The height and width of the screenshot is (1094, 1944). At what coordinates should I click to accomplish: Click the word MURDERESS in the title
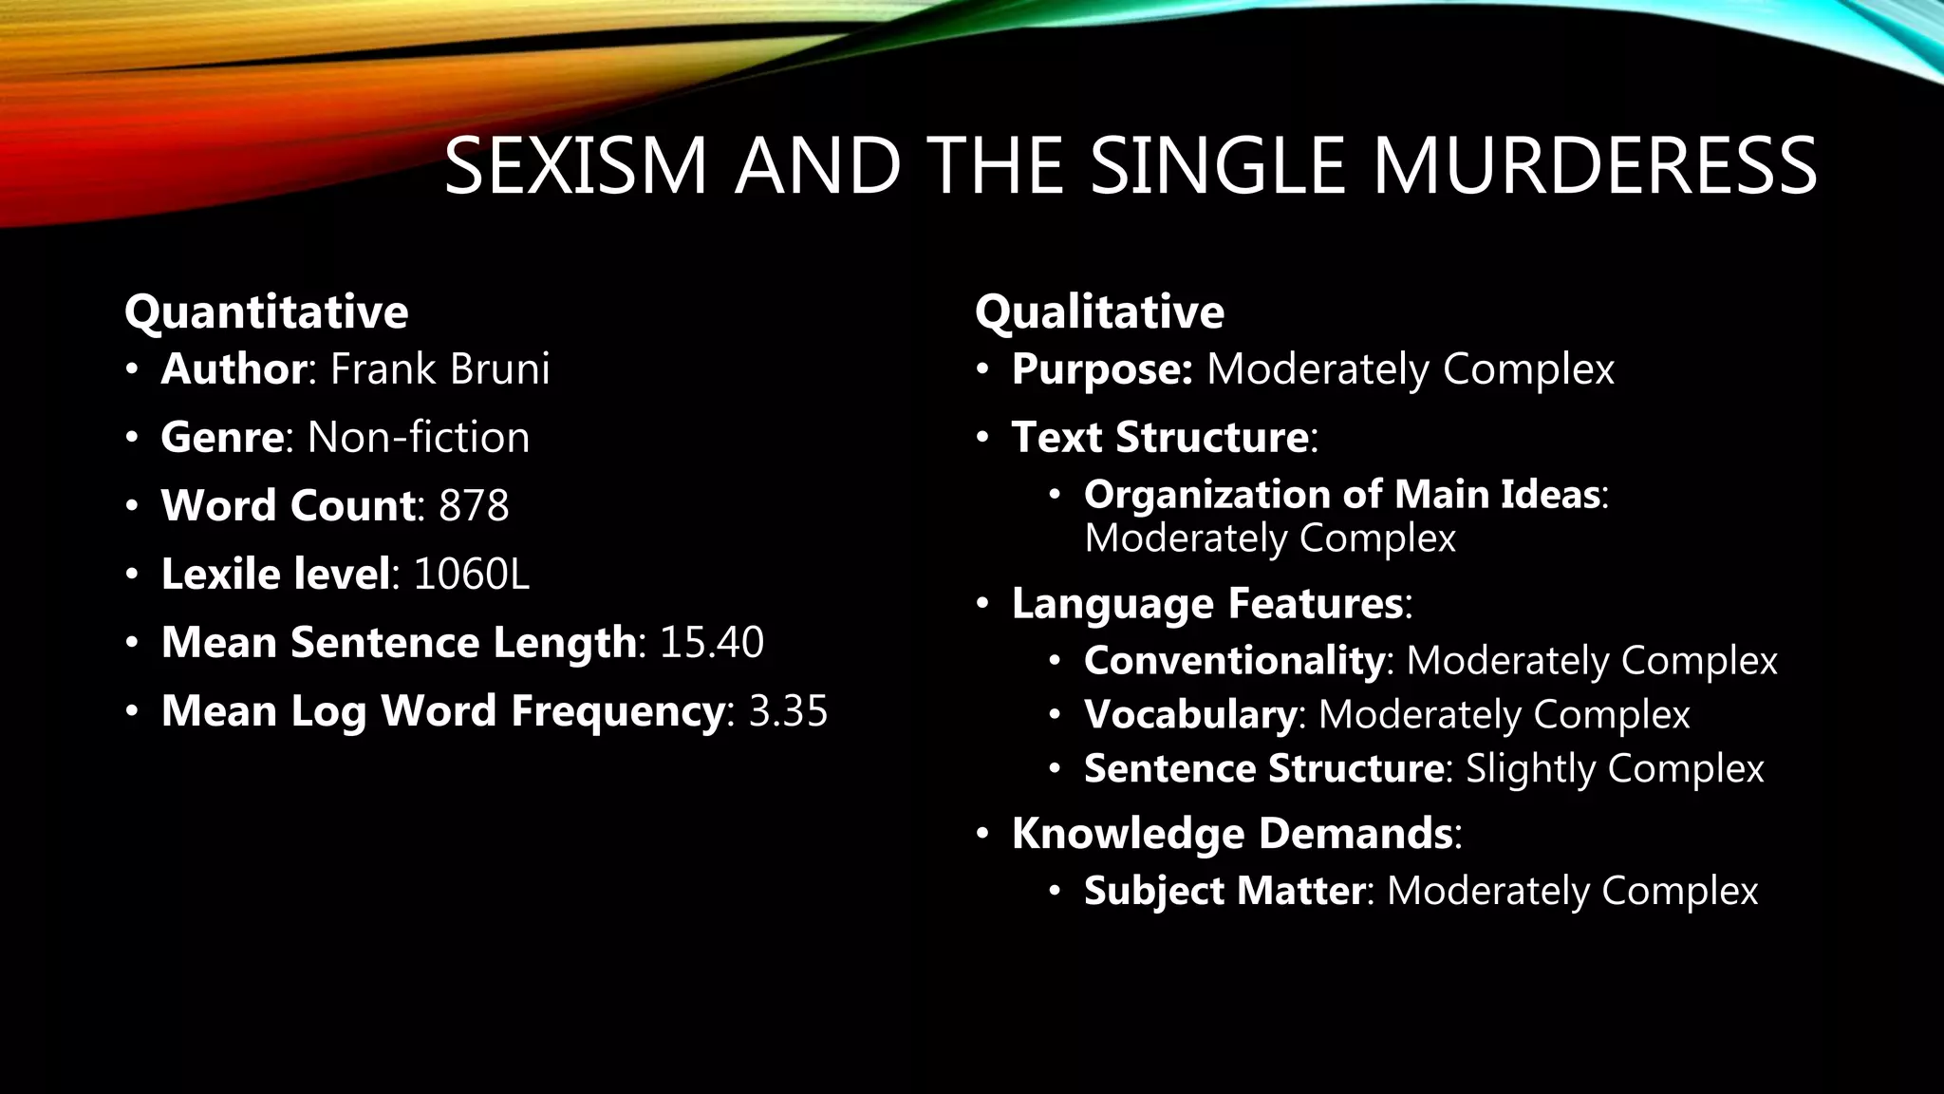pyautogui.click(x=1594, y=166)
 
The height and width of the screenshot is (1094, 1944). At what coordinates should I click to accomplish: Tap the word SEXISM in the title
pyautogui.click(x=575, y=166)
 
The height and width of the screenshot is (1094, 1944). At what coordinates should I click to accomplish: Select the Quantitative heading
pyautogui.click(x=267, y=311)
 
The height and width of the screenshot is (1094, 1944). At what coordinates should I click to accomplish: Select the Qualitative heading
pyautogui.click(x=1099, y=311)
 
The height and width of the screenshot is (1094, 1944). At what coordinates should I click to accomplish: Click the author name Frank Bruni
pyautogui.click(x=439, y=368)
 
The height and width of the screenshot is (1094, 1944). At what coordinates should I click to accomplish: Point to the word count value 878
pyautogui.click(x=474, y=505)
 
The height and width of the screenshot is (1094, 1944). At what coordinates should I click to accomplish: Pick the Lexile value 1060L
pyautogui.click(x=471, y=574)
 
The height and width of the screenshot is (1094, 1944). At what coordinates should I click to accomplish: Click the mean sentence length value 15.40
pyautogui.click(x=711, y=642)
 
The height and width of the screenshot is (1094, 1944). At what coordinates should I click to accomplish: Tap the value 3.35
pyautogui.click(x=788, y=710)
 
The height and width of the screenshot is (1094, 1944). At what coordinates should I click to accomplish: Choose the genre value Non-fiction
pyautogui.click(x=419, y=437)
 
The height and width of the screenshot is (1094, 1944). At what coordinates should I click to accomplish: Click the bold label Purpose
pyautogui.click(x=1101, y=368)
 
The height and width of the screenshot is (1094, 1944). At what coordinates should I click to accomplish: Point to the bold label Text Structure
pyautogui.click(x=1160, y=437)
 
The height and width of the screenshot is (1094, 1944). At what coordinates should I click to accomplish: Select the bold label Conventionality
pyautogui.click(x=1234, y=660)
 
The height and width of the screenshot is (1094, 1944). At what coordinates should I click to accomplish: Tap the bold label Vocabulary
pyautogui.click(x=1190, y=714)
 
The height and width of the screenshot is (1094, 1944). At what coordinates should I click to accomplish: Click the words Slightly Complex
pyautogui.click(x=1614, y=768)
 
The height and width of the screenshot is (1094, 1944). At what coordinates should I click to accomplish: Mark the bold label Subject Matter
pyautogui.click(x=1224, y=891)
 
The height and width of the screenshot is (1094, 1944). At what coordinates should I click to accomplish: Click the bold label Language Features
pyautogui.click(x=1207, y=603)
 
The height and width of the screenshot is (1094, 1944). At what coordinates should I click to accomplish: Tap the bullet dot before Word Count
pyautogui.click(x=132, y=505)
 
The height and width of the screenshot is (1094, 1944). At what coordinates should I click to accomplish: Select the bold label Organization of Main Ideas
pyautogui.click(x=1341, y=494)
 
